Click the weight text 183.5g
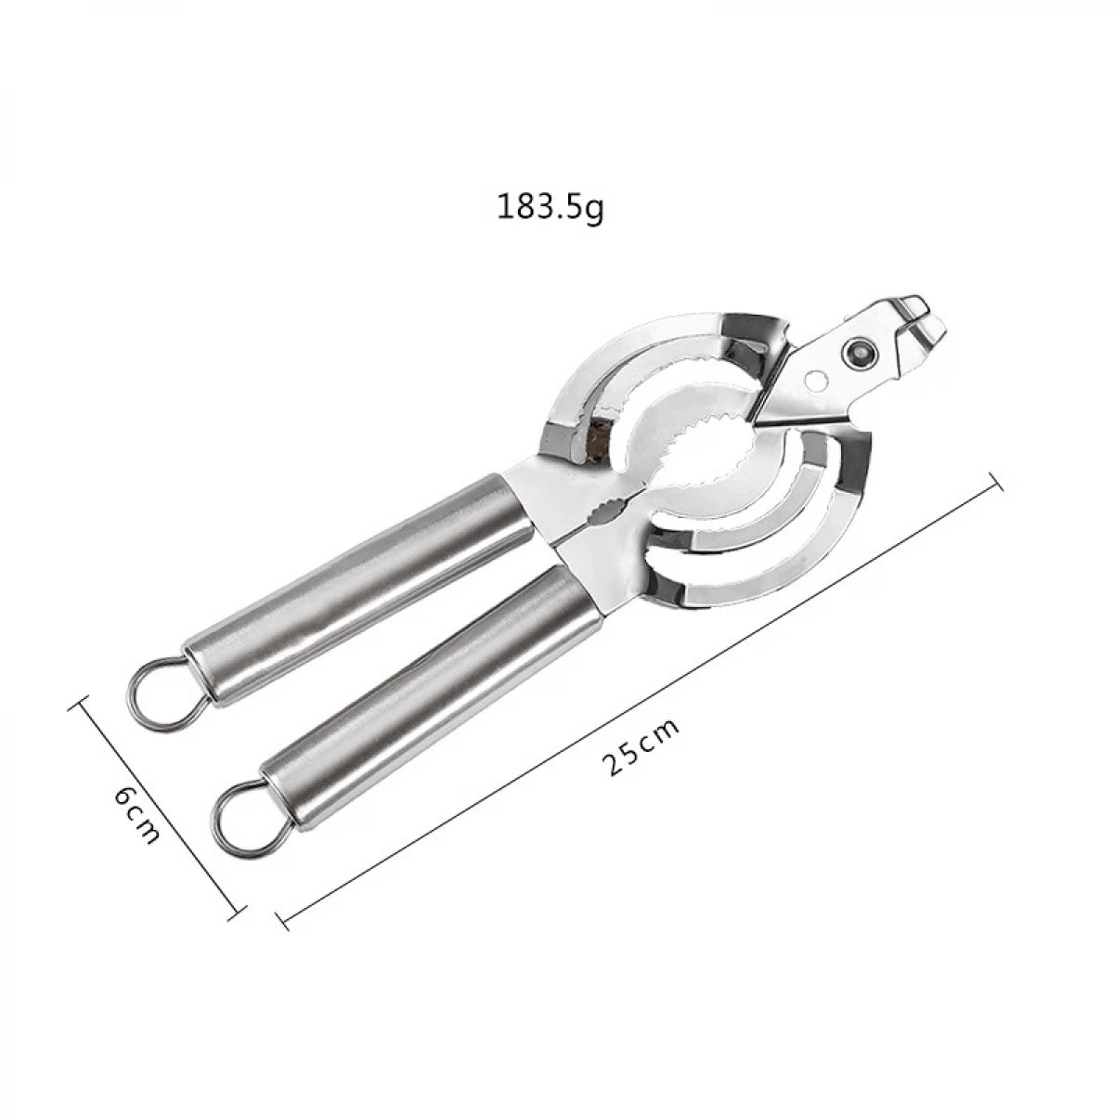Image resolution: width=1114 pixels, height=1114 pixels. pyautogui.click(x=551, y=206)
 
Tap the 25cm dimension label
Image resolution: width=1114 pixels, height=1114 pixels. pyautogui.click(x=641, y=746)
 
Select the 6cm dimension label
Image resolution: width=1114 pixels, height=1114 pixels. pyautogui.click(x=137, y=815)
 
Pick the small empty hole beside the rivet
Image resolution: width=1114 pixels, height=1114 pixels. pyautogui.click(x=815, y=380)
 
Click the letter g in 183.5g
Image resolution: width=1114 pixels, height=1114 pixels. pyautogui.click(x=594, y=210)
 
